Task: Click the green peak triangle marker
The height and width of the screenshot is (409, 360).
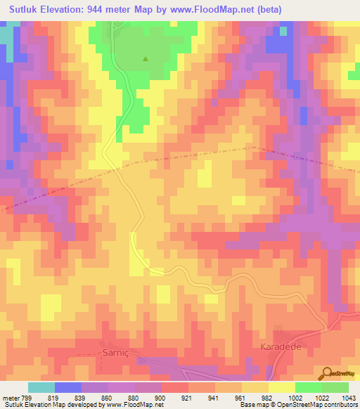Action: (146, 59)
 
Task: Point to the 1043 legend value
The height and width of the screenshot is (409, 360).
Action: (349, 397)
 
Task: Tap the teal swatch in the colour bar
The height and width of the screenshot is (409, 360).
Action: (41, 387)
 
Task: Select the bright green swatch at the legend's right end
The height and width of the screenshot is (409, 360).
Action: (335, 387)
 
